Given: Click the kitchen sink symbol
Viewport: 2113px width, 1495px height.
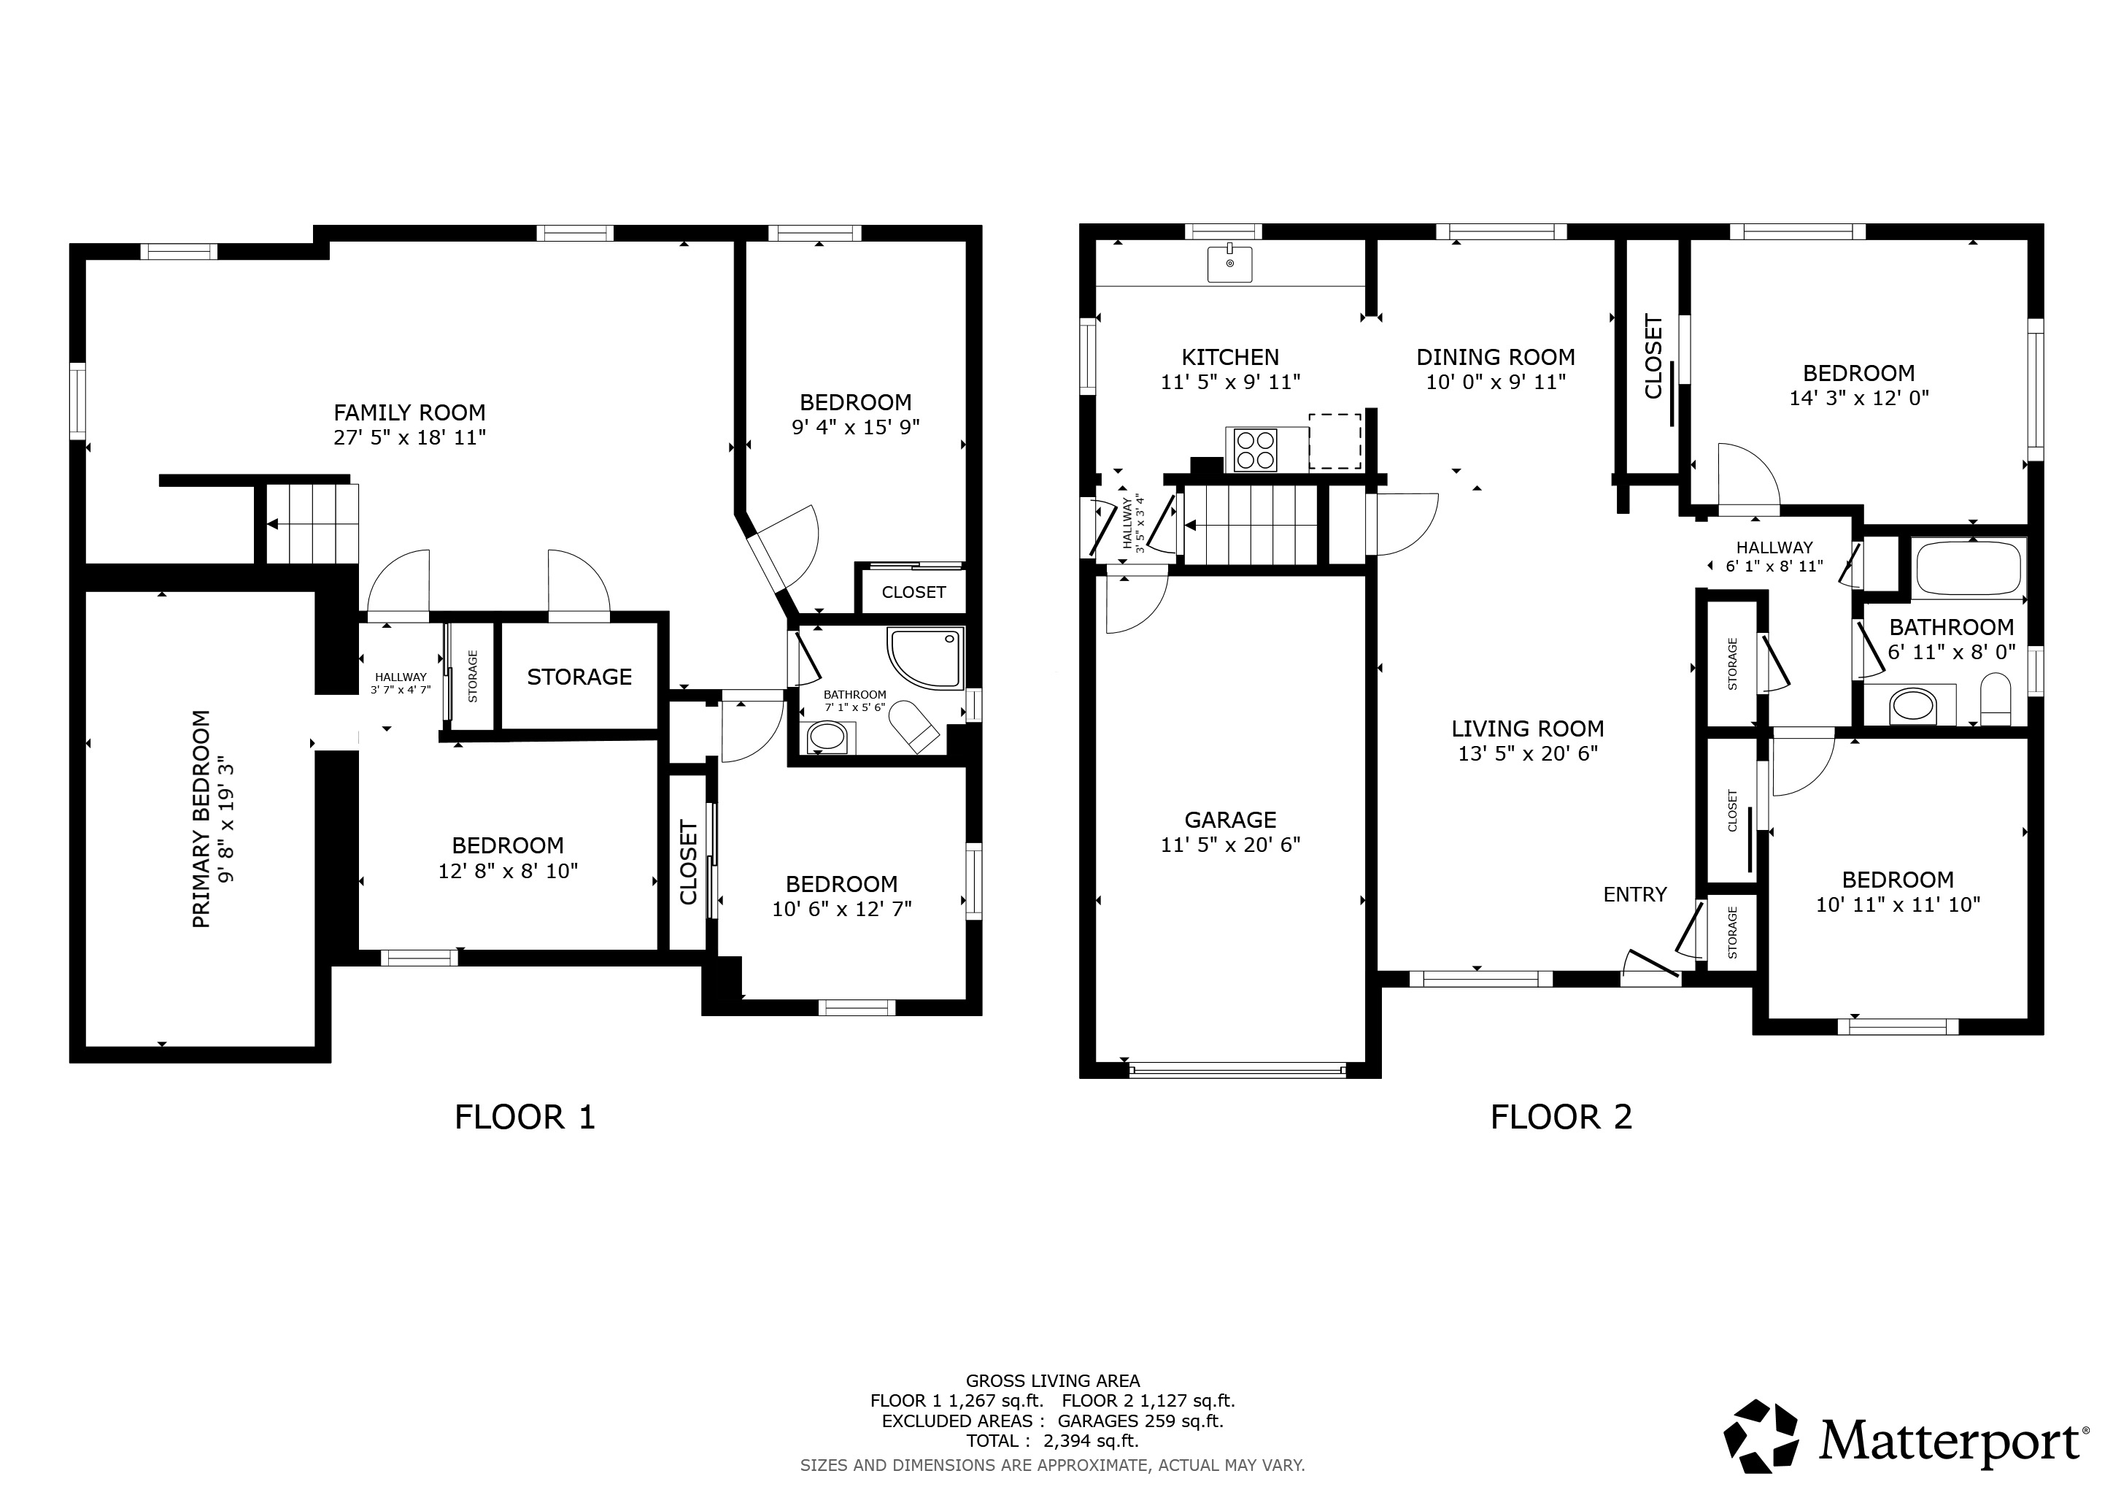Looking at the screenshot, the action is [x=1229, y=264].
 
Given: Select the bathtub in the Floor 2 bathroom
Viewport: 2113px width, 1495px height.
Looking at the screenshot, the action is [x=1969, y=568].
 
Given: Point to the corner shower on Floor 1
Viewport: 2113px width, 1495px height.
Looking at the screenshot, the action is [x=925, y=657].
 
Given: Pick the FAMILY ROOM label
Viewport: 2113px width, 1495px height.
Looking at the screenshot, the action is [x=409, y=412].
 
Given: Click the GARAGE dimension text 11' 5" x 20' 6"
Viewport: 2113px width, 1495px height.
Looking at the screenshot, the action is [x=1230, y=844].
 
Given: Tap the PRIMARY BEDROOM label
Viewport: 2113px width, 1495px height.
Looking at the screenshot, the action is [x=201, y=818].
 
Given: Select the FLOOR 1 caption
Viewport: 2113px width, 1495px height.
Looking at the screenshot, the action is [x=525, y=1117].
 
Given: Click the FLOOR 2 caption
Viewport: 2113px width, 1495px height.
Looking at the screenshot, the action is [x=1561, y=1117].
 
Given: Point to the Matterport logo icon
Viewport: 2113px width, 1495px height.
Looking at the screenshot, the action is [x=1761, y=1437].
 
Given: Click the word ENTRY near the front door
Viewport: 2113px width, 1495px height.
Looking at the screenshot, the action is [x=1635, y=894].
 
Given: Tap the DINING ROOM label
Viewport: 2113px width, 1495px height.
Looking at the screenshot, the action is [x=1496, y=357].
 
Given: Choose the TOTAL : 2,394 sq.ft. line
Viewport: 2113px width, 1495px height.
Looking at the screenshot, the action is [x=1053, y=1441].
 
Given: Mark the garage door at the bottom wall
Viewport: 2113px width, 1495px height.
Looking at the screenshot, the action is [x=1237, y=1069].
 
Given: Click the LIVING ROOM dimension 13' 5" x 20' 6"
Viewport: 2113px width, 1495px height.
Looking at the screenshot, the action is [x=1528, y=753].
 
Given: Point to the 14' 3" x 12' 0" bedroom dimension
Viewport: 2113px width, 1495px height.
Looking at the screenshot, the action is [x=1859, y=398].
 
